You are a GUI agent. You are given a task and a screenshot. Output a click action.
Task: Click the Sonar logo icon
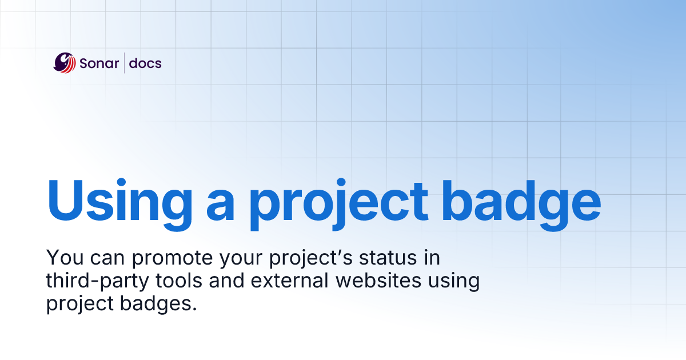pyautogui.click(x=65, y=63)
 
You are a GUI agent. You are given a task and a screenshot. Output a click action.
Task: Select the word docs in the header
pyautogui.click(x=145, y=63)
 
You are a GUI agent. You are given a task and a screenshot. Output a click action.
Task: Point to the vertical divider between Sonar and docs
pyautogui.click(x=124, y=63)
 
